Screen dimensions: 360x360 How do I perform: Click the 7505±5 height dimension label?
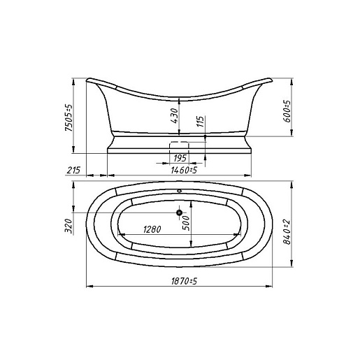pyautogui.click(x=69, y=118)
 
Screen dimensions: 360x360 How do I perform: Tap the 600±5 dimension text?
pyautogui.click(x=287, y=111)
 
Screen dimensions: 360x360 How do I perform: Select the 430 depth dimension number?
pyautogui.click(x=174, y=115)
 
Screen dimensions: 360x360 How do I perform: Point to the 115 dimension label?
pyautogui.click(x=200, y=121)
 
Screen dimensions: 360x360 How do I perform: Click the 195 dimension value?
pyautogui.click(x=180, y=158)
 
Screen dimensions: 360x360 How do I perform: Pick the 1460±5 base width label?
pyautogui.click(x=184, y=170)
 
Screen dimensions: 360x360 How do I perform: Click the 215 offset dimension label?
pyautogui.click(x=73, y=170)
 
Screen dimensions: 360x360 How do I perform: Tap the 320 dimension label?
pyautogui.click(x=69, y=226)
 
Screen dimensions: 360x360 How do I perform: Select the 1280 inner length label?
pyautogui.click(x=152, y=229)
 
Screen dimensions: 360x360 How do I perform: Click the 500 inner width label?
pyautogui.click(x=186, y=223)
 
